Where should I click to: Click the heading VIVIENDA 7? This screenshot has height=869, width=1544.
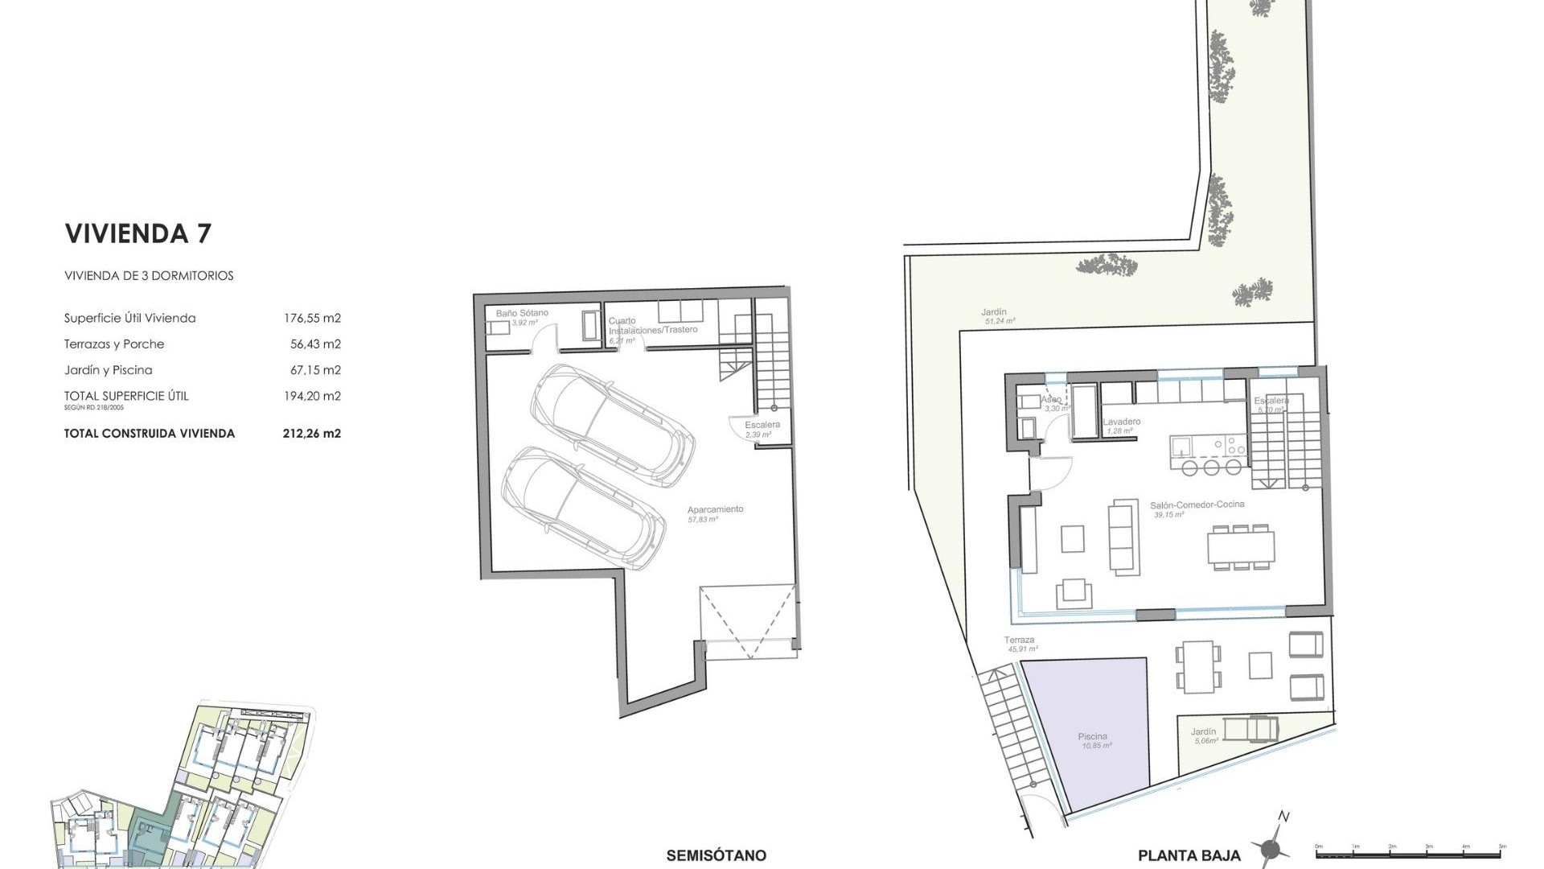tap(138, 233)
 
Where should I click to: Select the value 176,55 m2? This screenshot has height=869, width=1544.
tap(312, 318)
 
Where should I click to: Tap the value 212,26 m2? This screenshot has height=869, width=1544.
tap(312, 433)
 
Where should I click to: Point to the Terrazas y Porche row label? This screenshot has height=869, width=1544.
tap(114, 344)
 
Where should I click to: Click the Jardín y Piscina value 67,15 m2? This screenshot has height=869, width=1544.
tap(315, 370)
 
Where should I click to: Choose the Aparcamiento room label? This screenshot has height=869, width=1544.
tap(715, 509)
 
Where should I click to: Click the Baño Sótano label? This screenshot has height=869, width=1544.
tap(522, 313)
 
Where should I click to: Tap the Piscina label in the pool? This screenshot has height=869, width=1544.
tap(1093, 736)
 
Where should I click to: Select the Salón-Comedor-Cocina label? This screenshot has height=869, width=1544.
tap(1197, 505)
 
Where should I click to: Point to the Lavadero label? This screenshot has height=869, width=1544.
tap(1122, 422)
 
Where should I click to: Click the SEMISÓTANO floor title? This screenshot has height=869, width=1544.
tap(716, 856)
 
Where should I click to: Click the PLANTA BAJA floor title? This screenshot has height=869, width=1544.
tap(1189, 856)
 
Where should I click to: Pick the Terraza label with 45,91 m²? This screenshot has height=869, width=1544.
tap(1019, 640)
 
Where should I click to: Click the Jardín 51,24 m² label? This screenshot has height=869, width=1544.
tap(994, 312)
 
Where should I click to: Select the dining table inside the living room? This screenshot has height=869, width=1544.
tap(1240, 547)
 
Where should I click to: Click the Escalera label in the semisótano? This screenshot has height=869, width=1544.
tap(762, 425)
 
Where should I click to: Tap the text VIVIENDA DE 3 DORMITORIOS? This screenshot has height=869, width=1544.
tap(149, 275)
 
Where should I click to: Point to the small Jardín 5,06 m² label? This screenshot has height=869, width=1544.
tap(1203, 732)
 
